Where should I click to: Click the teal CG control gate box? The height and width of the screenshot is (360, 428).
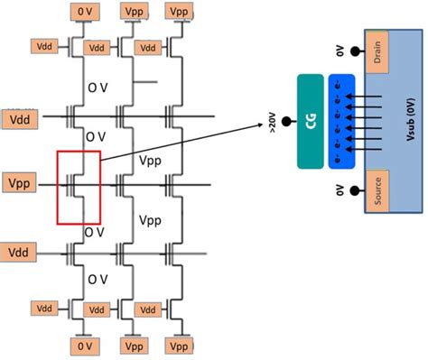(311, 121)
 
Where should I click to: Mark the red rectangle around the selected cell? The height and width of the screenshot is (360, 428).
(79, 187)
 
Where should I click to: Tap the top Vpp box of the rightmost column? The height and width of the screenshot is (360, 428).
(178, 10)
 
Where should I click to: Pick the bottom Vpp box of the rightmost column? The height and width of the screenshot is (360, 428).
(178, 346)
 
